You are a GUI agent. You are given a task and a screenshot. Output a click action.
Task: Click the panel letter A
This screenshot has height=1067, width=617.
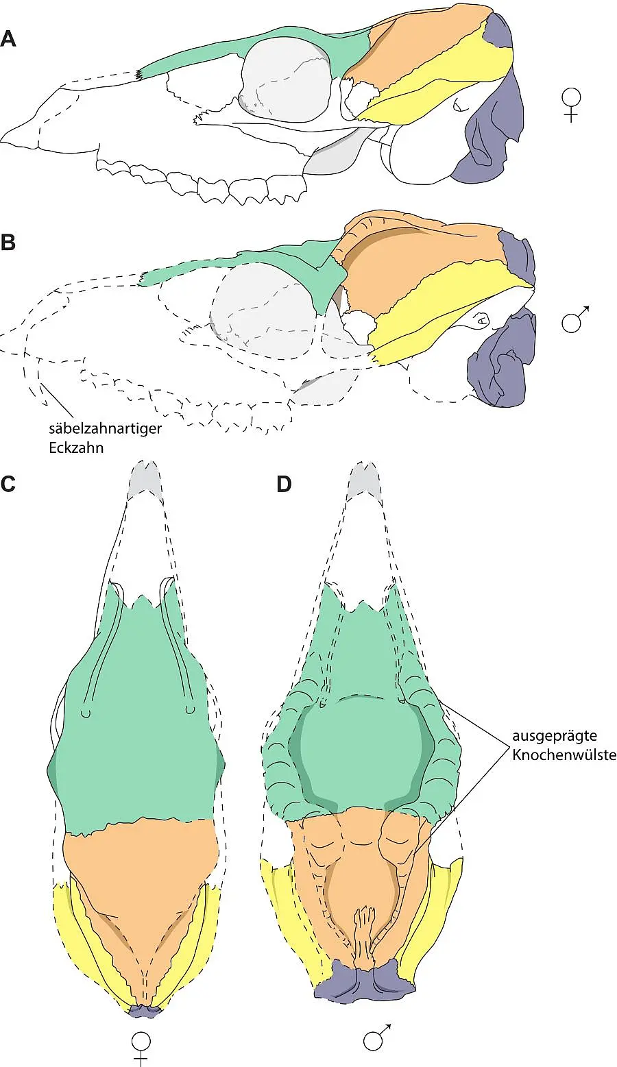pyautogui.click(x=8, y=38)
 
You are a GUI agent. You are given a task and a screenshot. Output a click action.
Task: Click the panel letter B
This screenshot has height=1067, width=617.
pyautogui.click(x=8, y=243)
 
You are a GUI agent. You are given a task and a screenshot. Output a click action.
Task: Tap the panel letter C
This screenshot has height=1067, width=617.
pyautogui.click(x=8, y=484)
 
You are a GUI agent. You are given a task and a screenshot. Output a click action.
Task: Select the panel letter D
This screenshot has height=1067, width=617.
pyautogui.click(x=284, y=484)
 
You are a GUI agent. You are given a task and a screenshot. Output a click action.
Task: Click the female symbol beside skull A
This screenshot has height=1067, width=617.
pyautogui.click(x=571, y=106)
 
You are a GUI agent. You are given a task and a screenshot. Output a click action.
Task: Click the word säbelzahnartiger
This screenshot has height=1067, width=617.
pyautogui.click(x=106, y=429)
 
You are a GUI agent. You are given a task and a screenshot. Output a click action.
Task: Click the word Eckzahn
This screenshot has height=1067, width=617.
pyautogui.click(x=76, y=448)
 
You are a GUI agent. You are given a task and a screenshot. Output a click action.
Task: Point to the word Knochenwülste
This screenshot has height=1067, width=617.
pyautogui.click(x=564, y=755)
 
